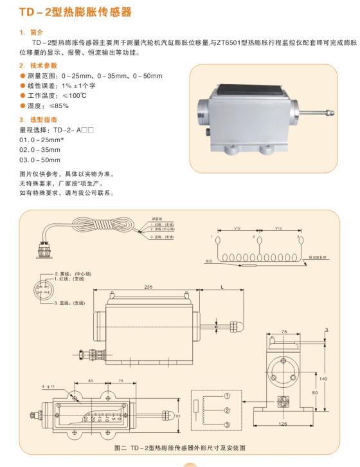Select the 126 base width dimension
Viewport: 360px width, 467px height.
[x=283, y=424]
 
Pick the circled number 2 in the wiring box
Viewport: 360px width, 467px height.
[x=227, y=409]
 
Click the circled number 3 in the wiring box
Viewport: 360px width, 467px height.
[x=227, y=424]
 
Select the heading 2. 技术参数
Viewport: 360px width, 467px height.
[x=38, y=66]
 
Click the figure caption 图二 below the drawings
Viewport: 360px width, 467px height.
[x=179, y=447]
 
